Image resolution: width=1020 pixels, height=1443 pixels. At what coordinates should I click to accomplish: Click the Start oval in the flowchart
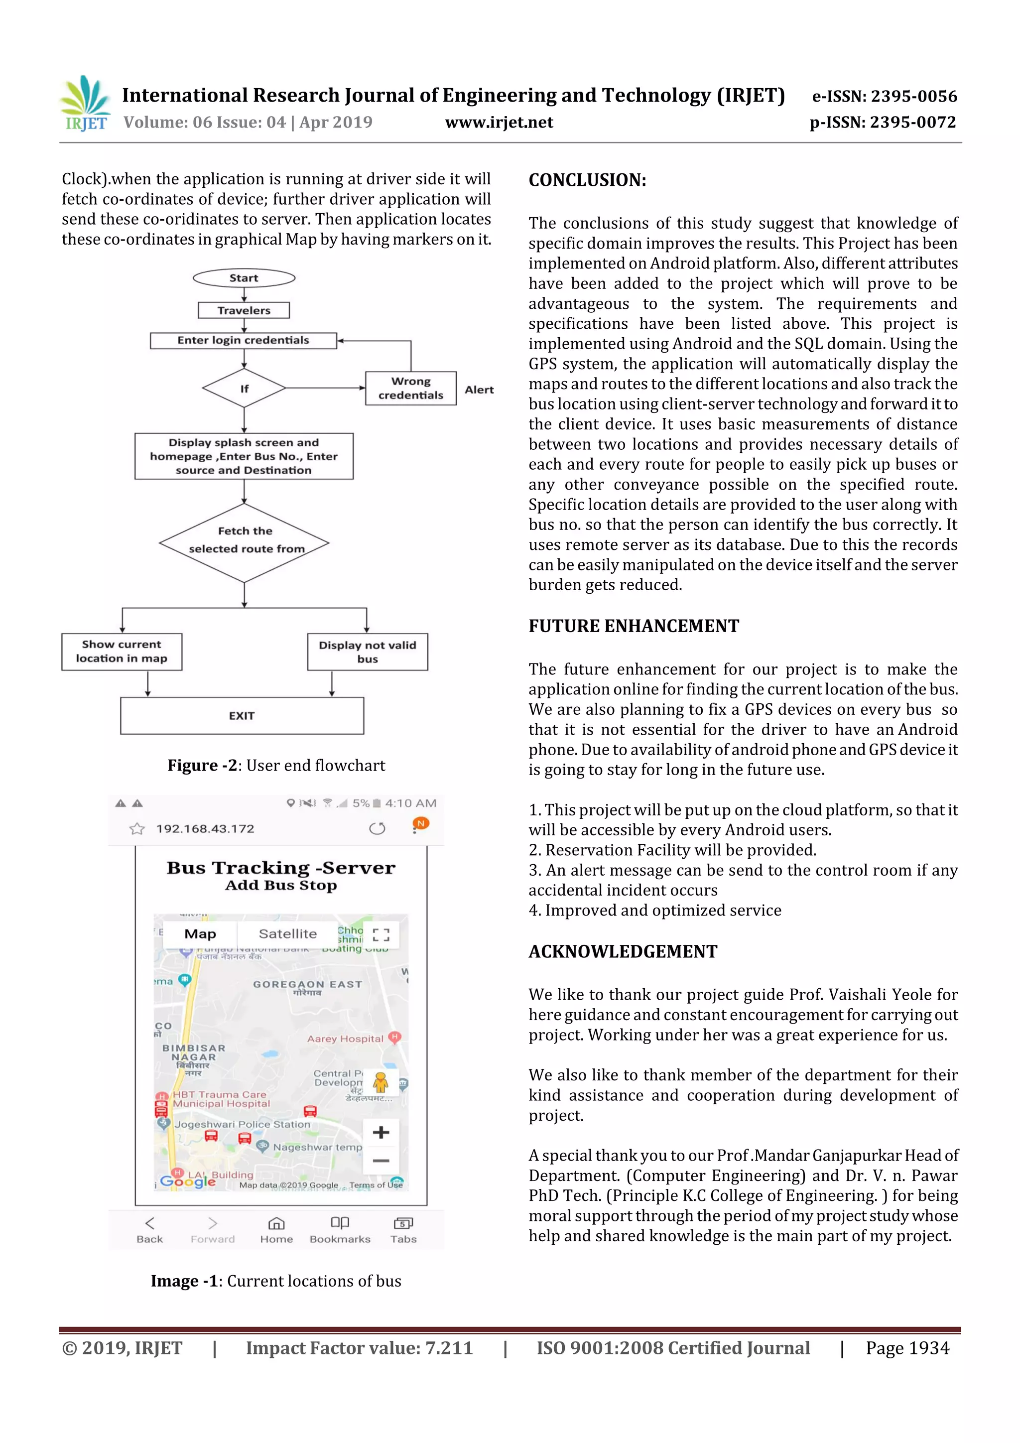click(x=244, y=278)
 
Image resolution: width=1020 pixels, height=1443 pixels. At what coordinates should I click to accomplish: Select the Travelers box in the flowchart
click(x=244, y=310)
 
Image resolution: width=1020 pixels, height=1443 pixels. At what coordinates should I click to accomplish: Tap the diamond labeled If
click(x=244, y=389)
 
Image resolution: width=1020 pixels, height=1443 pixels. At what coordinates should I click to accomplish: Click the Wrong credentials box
click(x=410, y=389)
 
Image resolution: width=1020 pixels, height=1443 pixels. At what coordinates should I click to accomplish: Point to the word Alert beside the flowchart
click(x=479, y=390)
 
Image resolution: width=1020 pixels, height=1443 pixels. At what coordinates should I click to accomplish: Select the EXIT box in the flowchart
click(x=242, y=716)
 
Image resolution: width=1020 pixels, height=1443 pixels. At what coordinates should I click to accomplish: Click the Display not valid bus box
click(x=367, y=652)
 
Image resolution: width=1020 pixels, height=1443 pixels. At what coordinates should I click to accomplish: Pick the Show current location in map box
click(x=122, y=651)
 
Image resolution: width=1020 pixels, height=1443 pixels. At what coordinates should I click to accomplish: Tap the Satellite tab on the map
click(x=287, y=934)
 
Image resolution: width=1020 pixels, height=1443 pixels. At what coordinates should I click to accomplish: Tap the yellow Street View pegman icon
click(x=380, y=1082)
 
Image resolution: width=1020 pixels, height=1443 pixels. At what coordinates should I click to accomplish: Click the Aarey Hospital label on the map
click(x=345, y=1039)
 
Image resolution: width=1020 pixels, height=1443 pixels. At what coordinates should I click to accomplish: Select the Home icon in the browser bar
click(x=276, y=1229)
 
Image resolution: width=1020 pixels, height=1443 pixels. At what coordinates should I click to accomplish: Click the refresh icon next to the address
click(x=377, y=828)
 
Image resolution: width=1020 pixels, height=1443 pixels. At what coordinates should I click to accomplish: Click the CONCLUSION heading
click(x=587, y=180)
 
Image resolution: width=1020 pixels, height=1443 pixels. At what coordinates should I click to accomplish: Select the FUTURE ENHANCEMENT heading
click(x=634, y=626)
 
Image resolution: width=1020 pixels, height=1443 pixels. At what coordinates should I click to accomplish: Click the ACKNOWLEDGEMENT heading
click(x=622, y=951)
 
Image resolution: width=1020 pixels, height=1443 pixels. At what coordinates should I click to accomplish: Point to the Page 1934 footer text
click(x=907, y=1348)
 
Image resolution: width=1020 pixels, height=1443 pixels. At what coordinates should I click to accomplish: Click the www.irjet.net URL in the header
click(x=499, y=123)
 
